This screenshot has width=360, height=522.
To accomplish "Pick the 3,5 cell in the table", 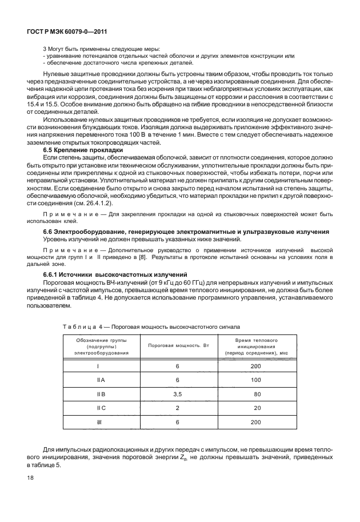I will coord(178,394).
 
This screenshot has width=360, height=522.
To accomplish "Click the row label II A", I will coord(101,380).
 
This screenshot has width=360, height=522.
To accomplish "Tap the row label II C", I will coord(101,408).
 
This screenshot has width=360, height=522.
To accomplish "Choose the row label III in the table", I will coord(101,422).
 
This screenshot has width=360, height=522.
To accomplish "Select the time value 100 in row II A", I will coord(255,380).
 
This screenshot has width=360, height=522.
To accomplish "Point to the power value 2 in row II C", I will coord(178,408).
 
